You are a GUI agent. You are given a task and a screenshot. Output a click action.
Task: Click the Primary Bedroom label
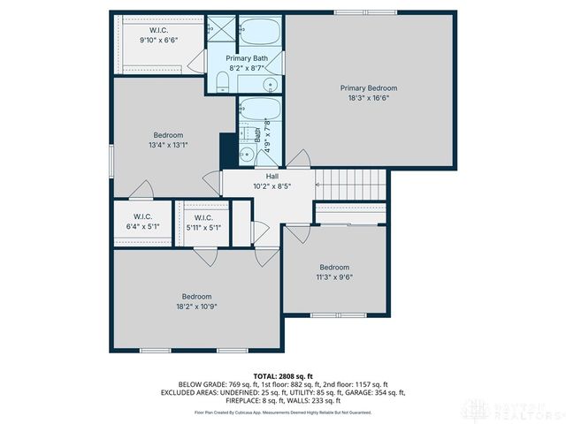pyautogui.click(x=369, y=87)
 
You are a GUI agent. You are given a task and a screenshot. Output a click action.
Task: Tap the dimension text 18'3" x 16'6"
pyautogui.click(x=369, y=98)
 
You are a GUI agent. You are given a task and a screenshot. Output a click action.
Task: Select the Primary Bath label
pyautogui.click(x=247, y=57)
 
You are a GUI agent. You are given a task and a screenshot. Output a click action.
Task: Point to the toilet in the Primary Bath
pyautogui.click(x=223, y=83)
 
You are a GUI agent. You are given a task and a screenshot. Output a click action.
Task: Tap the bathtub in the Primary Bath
pyautogui.click(x=262, y=34)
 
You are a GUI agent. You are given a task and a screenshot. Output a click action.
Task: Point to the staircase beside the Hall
pyautogui.click(x=352, y=185)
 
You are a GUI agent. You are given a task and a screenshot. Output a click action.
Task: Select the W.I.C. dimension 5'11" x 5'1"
pyautogui.click(x=203, y=227)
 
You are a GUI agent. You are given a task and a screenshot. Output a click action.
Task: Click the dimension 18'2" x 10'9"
pyautogui.click(x=196, y=307)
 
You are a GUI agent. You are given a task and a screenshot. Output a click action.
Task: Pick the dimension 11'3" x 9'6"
pyautogui.click(x=334, y=277)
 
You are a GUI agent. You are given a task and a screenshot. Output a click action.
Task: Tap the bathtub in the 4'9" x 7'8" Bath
pyautogui.click(x=260, y=111)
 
